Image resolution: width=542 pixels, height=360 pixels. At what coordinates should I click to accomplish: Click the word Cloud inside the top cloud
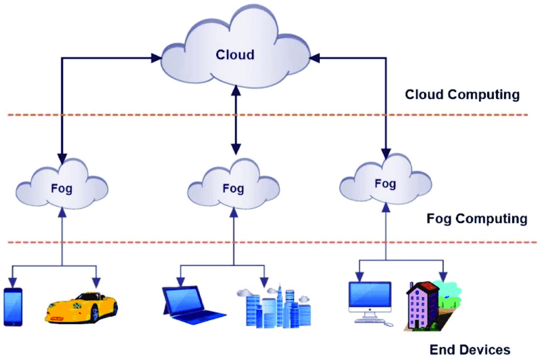[235, 54]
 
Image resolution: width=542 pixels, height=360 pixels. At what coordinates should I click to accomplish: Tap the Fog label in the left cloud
[62, 185]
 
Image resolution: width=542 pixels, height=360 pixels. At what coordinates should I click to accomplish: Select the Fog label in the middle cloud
[233, 188]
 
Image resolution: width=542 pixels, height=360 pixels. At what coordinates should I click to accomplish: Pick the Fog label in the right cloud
[385, 183]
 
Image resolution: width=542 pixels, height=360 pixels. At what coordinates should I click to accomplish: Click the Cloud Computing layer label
[462, 95]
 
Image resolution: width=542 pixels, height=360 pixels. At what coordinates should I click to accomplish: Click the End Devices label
[470, 350]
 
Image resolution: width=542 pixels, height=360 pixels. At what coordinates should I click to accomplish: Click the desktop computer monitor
[369, 299]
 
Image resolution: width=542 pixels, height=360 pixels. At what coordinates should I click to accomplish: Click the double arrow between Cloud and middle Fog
[235, 119]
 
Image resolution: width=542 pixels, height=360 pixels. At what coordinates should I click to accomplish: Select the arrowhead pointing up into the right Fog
[386, 208]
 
